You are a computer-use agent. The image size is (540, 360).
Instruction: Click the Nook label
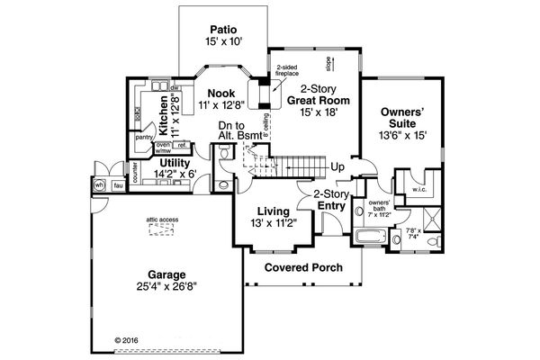pyautogui.click(x=220, y=93)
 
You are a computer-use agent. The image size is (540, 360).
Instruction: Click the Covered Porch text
pyautogui.click(x=305, y=267)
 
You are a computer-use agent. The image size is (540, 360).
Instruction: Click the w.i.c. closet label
pyautogui.click(x=418, y=190)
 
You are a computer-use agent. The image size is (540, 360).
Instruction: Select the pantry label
pyautogui.click(x=143, y=138)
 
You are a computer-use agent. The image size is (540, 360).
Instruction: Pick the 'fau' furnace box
pyautogui.click(x=118, y=185)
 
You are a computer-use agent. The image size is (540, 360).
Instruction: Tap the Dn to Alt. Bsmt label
pyautogui.click(x=239, y=130)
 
